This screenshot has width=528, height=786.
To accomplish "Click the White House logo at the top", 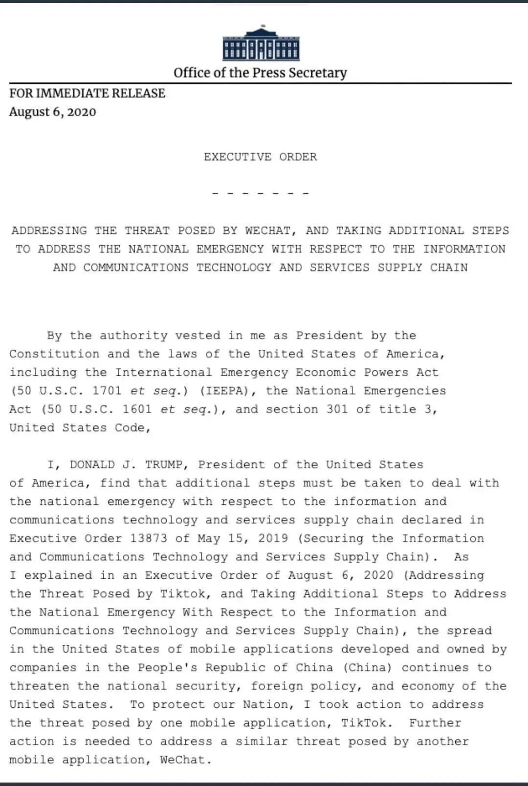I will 261,44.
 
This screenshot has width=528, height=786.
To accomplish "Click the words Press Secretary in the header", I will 299,73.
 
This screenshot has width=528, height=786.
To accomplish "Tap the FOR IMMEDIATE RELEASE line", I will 87,93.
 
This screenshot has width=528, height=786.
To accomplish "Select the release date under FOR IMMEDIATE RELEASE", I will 52,112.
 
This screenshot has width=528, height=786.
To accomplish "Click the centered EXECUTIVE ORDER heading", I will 260,157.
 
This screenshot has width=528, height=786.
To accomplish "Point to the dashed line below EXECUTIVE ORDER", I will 260,194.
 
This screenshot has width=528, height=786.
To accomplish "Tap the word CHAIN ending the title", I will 449,268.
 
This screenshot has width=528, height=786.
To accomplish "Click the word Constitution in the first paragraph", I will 54,354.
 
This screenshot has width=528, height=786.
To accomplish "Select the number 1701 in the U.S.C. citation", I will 107,391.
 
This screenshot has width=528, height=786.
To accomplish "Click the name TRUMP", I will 163,465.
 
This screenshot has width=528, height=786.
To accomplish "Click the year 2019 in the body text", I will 273,539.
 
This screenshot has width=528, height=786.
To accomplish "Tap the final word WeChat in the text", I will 185,760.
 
